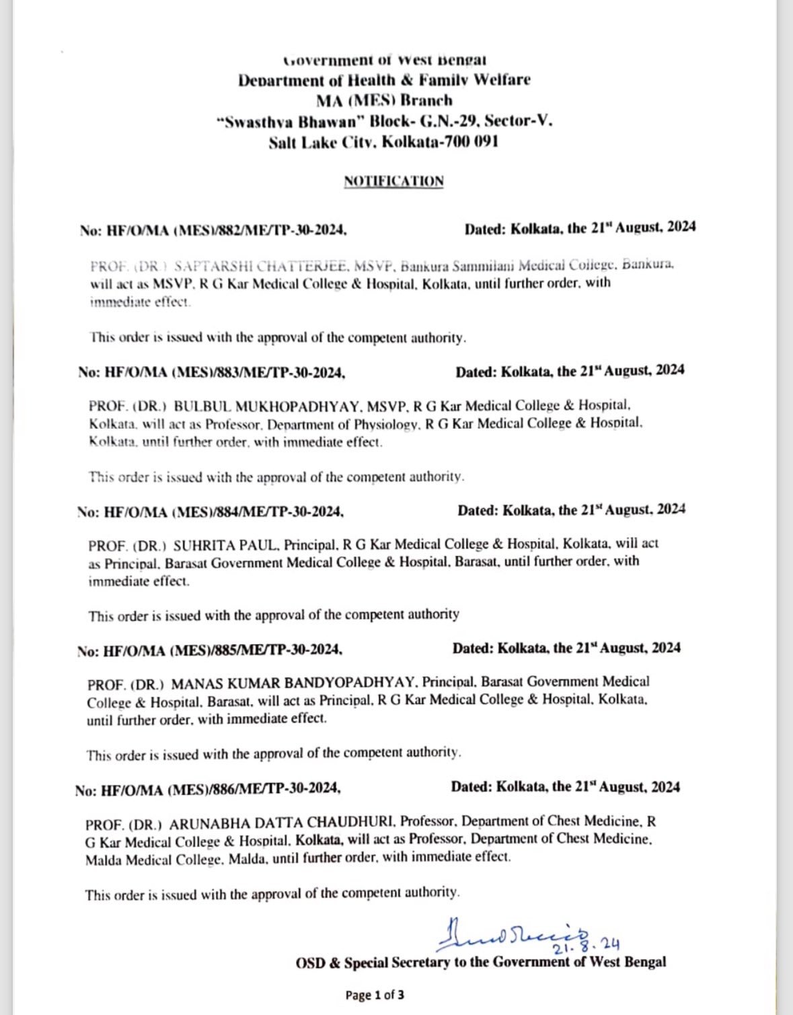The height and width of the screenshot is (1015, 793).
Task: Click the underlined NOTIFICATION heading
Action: click(x=393, y=181)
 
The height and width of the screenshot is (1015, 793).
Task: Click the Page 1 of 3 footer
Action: click(x=375, y=995)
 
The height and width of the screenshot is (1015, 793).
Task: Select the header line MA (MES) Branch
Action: click(x=384, y=101)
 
